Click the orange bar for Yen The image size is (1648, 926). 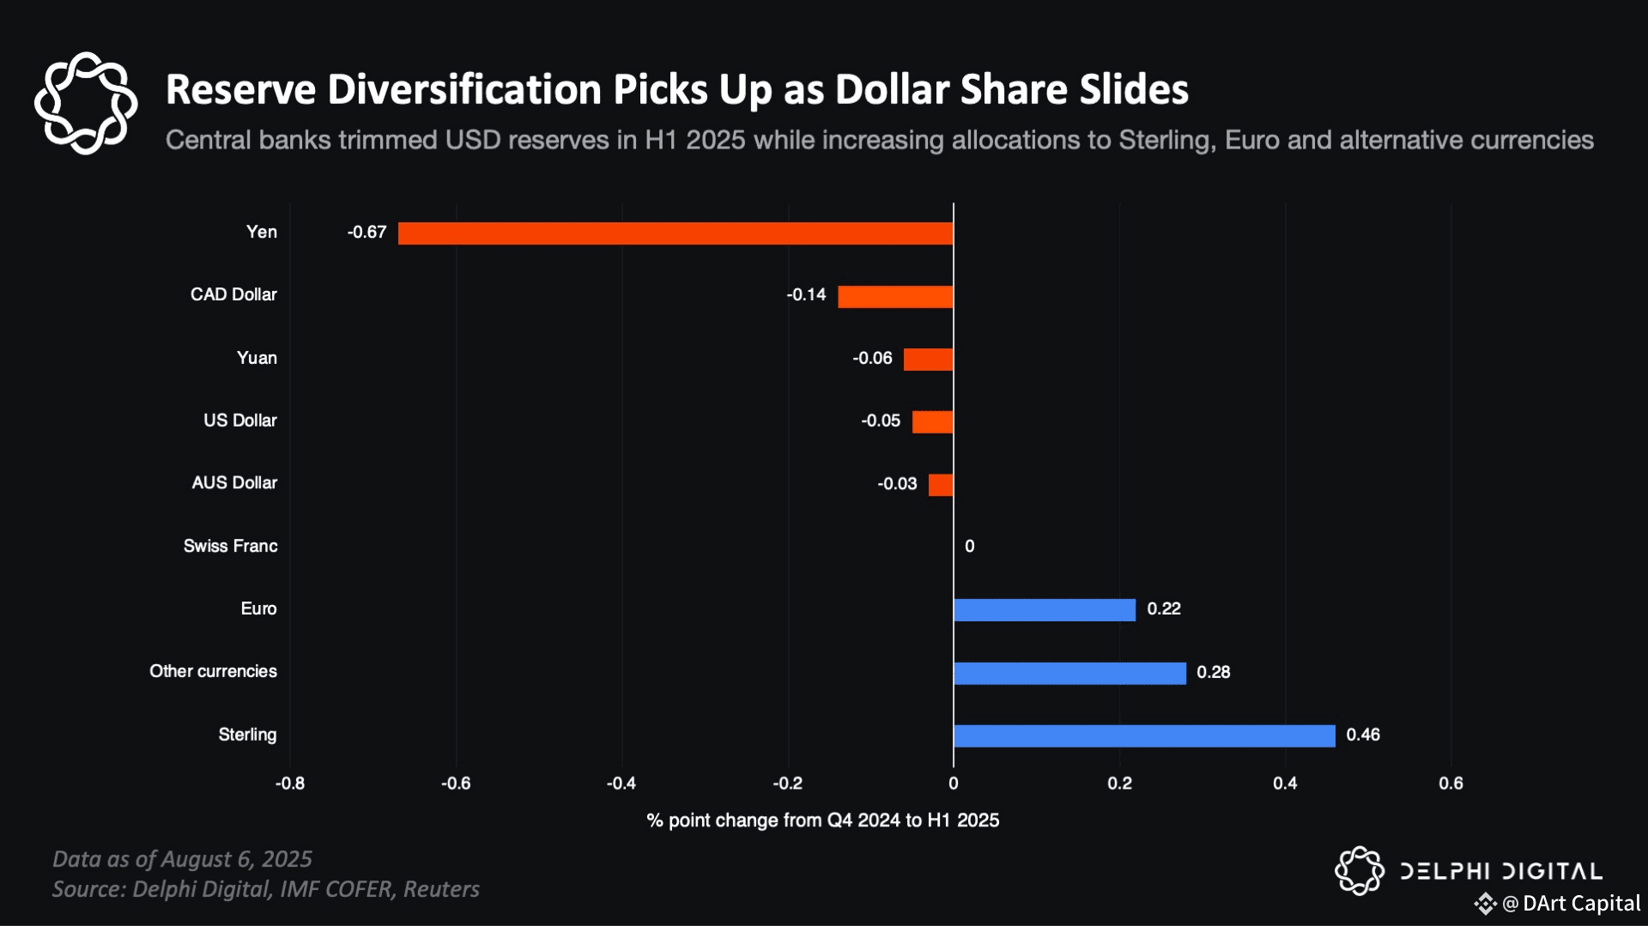(x=676, y=233)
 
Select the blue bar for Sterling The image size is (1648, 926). (x=1144, y=735)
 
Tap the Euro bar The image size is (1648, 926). (x=1044, y=610)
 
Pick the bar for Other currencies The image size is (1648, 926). (x=1069, y=673)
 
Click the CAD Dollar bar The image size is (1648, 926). (x=895, y=297)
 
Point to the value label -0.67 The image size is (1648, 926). (x=367, y=233)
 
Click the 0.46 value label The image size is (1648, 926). (x=1363, y=735)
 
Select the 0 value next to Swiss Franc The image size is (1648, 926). (x=969, y=547)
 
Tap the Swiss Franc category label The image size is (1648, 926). (x=230, y=547)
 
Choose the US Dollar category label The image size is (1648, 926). (x=240, y=421)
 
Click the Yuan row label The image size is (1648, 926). (x=257, y=358)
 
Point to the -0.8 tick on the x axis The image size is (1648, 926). (x=290, y=784)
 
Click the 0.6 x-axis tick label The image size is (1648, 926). (x=1451, y=784)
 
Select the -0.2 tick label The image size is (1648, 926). (x=787, y=784)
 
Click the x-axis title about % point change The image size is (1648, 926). (x=822, y=820)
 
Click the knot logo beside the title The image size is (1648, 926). (x=86, y=103)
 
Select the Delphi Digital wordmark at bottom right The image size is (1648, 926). (x=1500, y=872)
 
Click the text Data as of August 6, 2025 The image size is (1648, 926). (x=182, y=859)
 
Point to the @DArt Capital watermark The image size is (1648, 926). (x=1570, y=904)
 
